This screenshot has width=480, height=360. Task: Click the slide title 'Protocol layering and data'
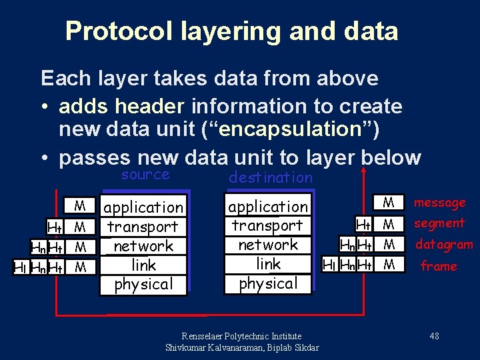(x=231, y=31)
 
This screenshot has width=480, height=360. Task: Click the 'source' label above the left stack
(x=145, y=175)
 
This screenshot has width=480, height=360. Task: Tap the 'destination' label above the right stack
(x=270, y=177)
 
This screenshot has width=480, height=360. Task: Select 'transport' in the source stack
(x=143, y=227)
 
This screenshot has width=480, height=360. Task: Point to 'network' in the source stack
(x=143, y=246)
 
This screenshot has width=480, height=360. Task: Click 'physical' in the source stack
(x=143, y=284)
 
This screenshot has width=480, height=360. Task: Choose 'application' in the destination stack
(x=268, y=207)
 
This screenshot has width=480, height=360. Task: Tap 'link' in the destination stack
(x=268, y=264)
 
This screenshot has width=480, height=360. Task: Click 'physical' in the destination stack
(x=268, y=283)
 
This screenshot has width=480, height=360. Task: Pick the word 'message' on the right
(x=439, y=203)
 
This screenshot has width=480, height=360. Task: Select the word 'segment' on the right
(x=439, y=223)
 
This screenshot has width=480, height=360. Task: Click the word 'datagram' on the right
(x=444, y=245)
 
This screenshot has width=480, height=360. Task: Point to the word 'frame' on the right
(x=438, y=266)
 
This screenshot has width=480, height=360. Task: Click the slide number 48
(x=434, y=336)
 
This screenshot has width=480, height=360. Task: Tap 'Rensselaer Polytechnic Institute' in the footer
(x=241, y=336)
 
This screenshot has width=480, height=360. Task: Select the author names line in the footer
(x=241, y=347)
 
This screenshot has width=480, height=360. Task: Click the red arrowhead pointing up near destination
(x=363, y=171)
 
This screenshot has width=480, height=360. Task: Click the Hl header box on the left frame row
(x=21, y=267)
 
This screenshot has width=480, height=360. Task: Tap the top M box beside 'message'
(x=389, y=202)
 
